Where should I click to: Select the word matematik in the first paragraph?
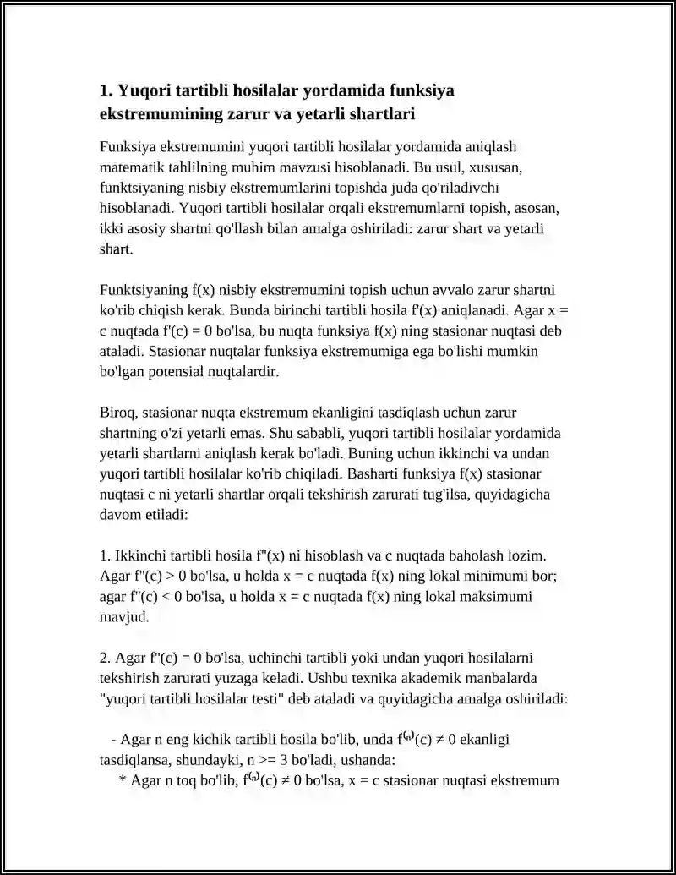click(131, 167)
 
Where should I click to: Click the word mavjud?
click(124, 616)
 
